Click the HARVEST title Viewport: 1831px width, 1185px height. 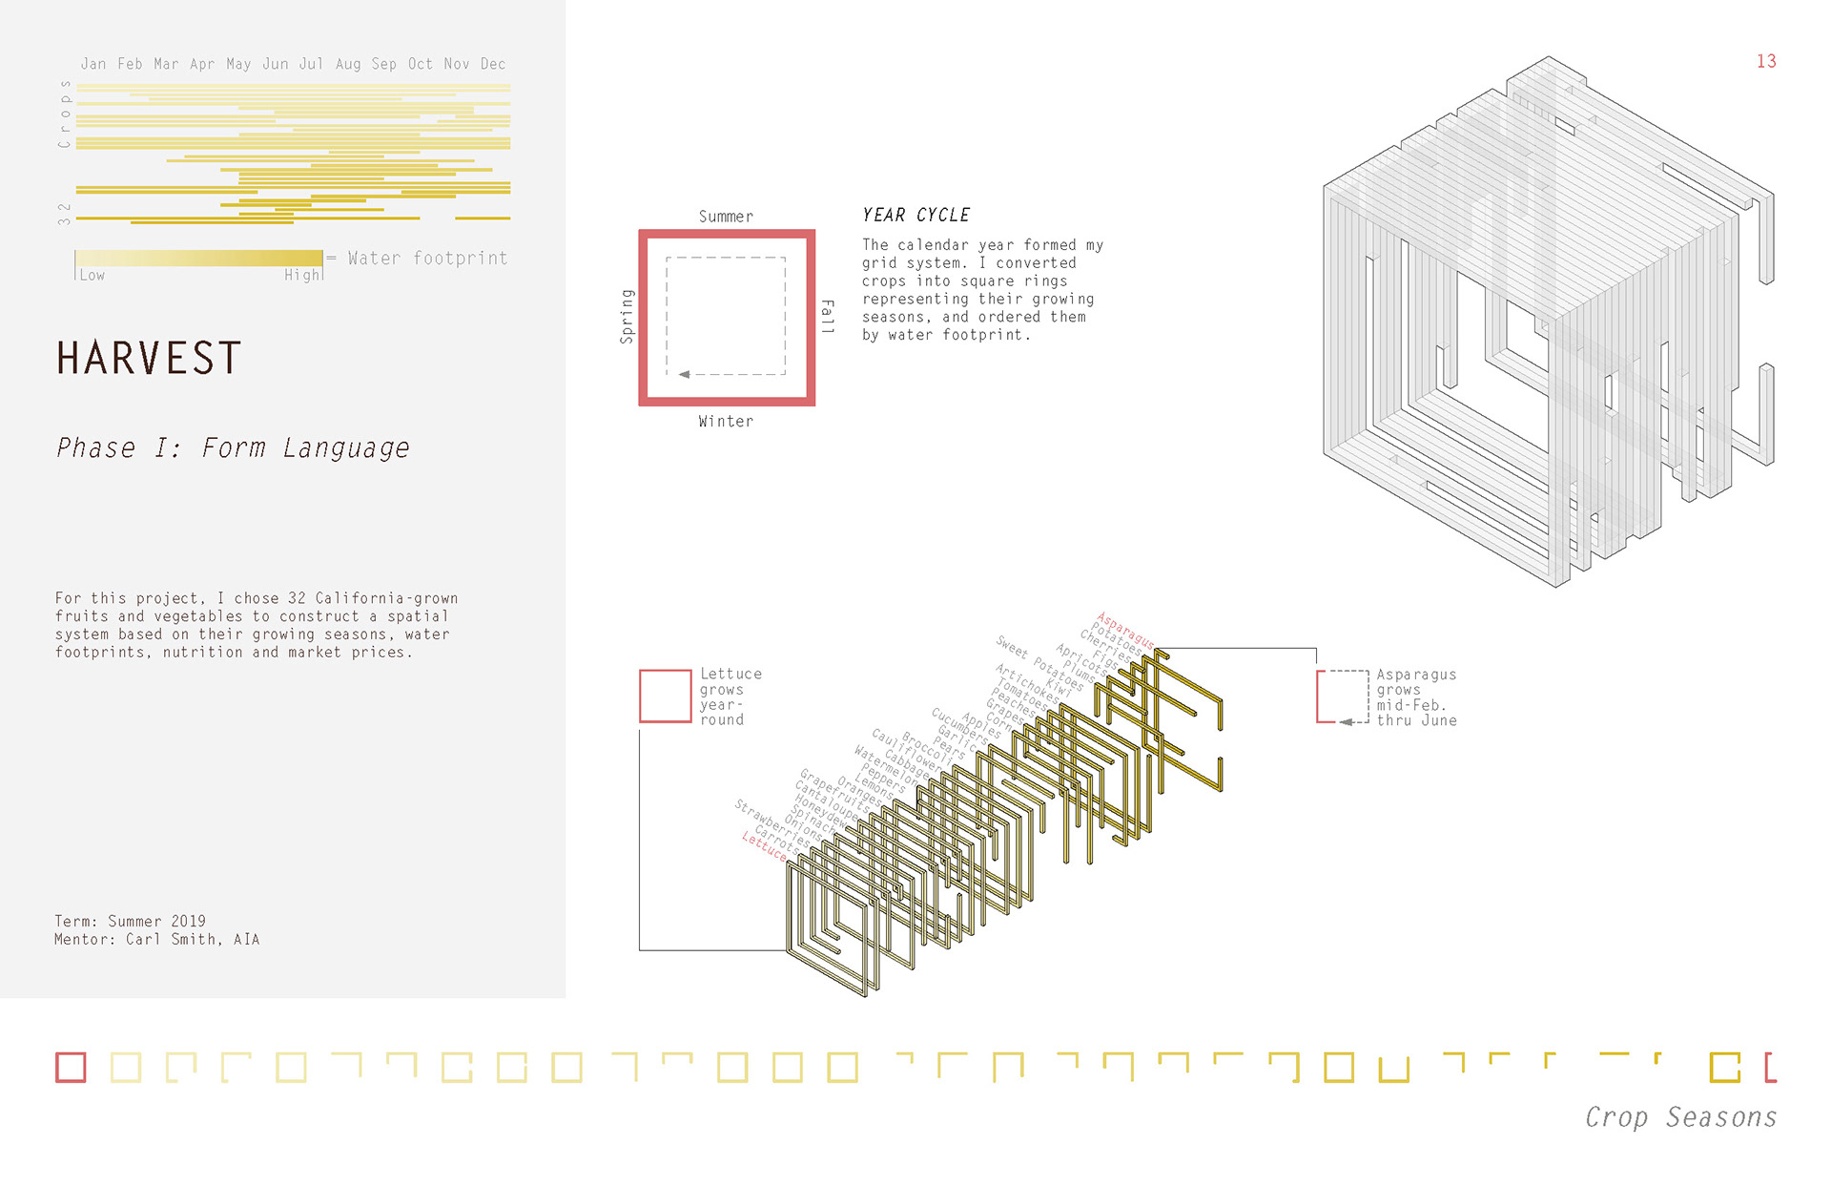(x=149, y=359)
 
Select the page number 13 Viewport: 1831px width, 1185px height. (x=1766, y=61)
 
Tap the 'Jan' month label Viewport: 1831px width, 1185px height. (x=93, y=64)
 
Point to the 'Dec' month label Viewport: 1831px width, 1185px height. (x=493, y=64)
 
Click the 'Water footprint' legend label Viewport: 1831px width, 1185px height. (x=427, y=259)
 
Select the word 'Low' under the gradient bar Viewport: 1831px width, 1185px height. (x=93, y=275)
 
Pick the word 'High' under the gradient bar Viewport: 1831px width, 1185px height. (x=302, y=275)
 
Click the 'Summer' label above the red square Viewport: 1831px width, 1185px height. (x=726, y=217)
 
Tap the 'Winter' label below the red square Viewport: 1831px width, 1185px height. (x=726, y=422)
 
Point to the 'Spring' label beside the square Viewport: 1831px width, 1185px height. (x=627, y=316)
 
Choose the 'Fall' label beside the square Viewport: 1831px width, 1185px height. (x=827, y=316)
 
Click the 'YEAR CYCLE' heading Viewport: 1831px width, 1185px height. (x=915, y=216)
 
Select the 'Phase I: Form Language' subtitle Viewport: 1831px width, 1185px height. (x=233, y=447)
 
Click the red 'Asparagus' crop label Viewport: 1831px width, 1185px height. (x=1125, y=631)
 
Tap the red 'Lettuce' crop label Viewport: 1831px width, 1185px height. (x=765, y=846)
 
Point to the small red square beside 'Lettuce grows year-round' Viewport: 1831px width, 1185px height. (x=665, y=696)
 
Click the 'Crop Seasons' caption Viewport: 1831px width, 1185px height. (x=1680, y=1116)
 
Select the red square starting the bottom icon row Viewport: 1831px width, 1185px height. (x=71, y=1067)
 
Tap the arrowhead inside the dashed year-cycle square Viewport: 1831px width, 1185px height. (x=684, y=374)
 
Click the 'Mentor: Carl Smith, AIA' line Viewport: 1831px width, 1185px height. (x=156, y=939)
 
